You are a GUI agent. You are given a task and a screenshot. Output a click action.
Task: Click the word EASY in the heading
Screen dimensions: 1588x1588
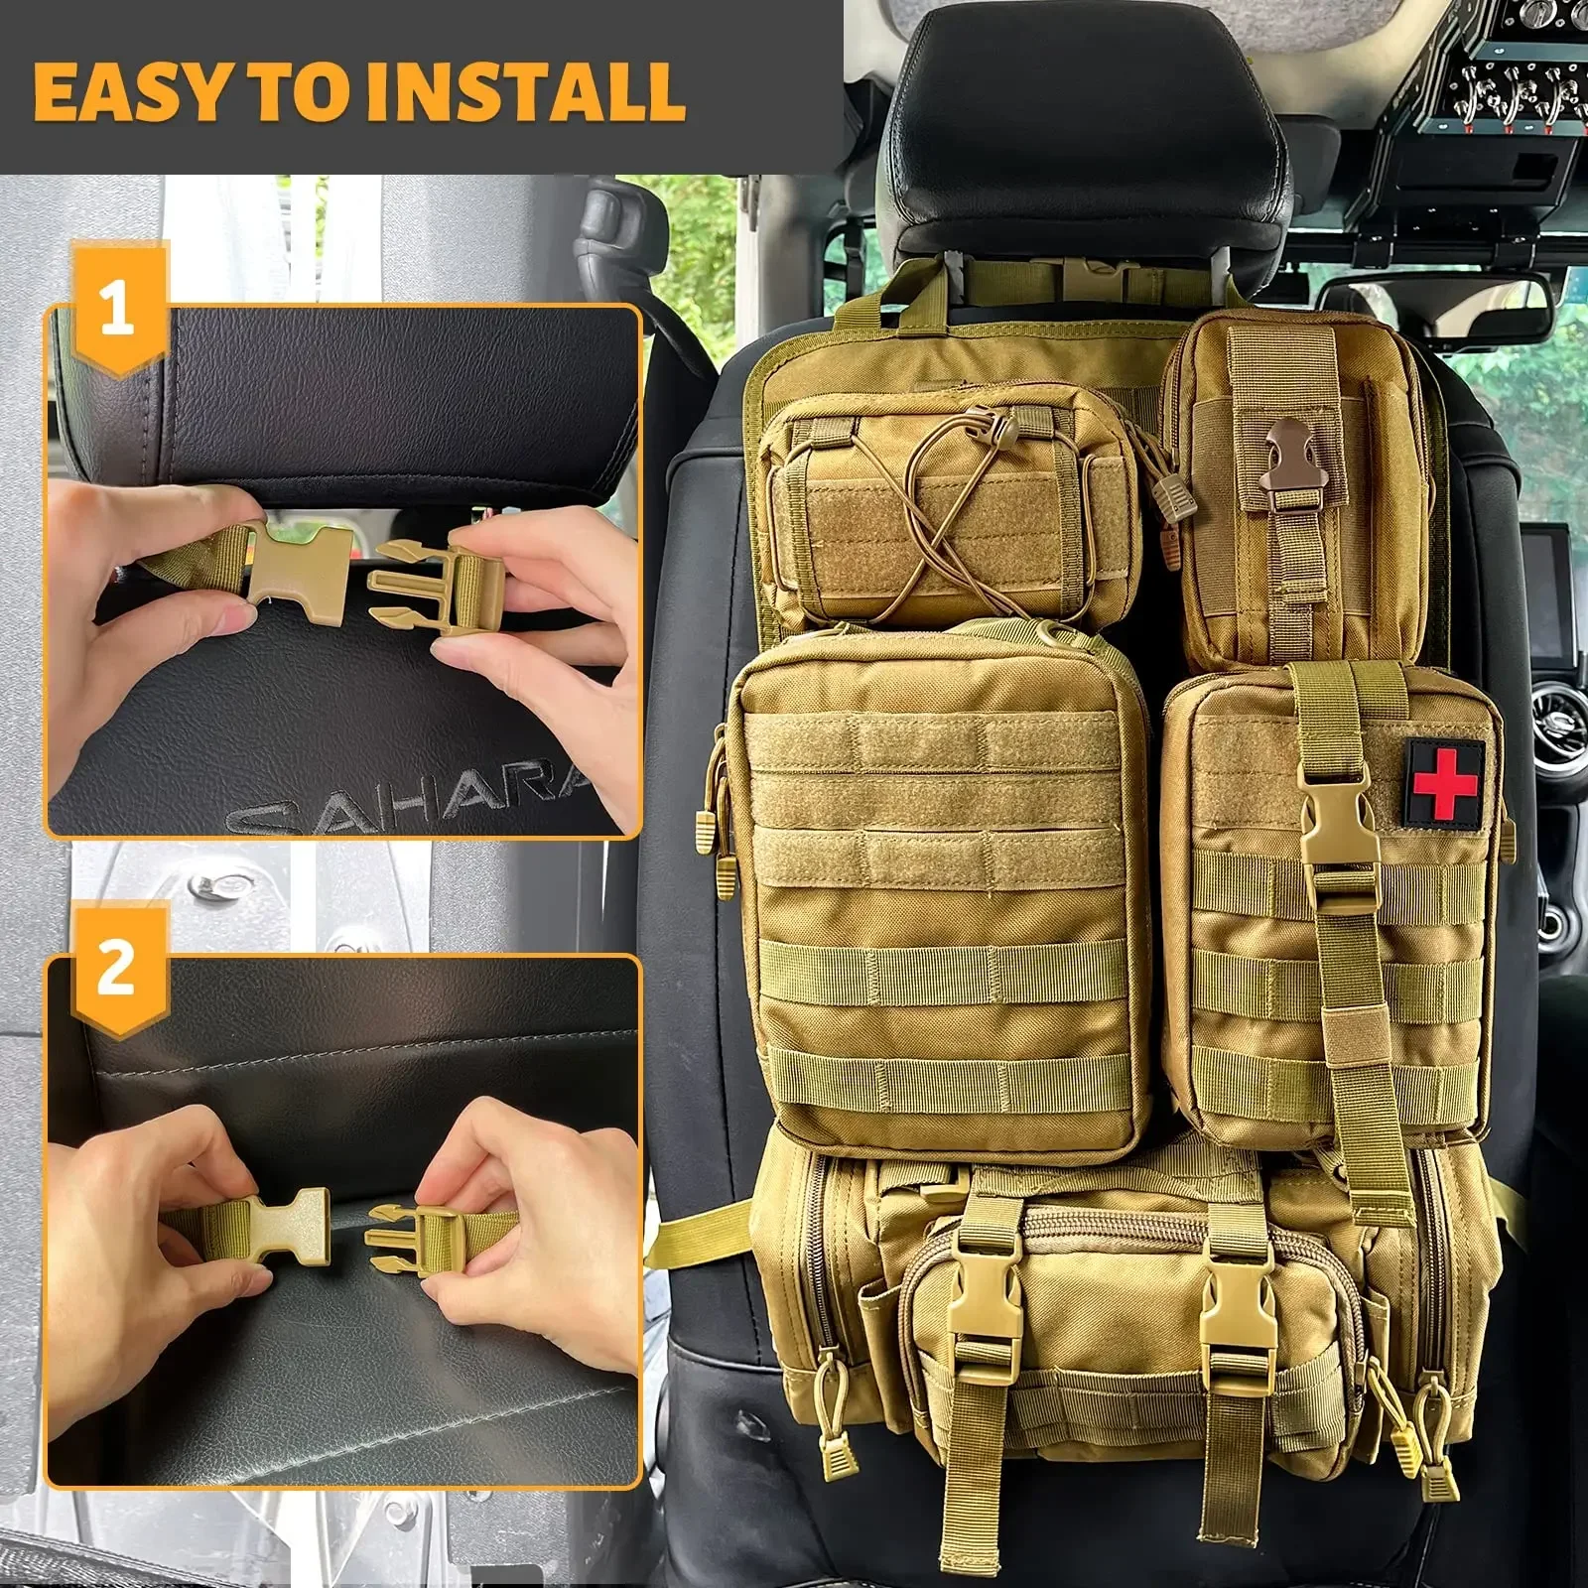coord(129,91)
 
